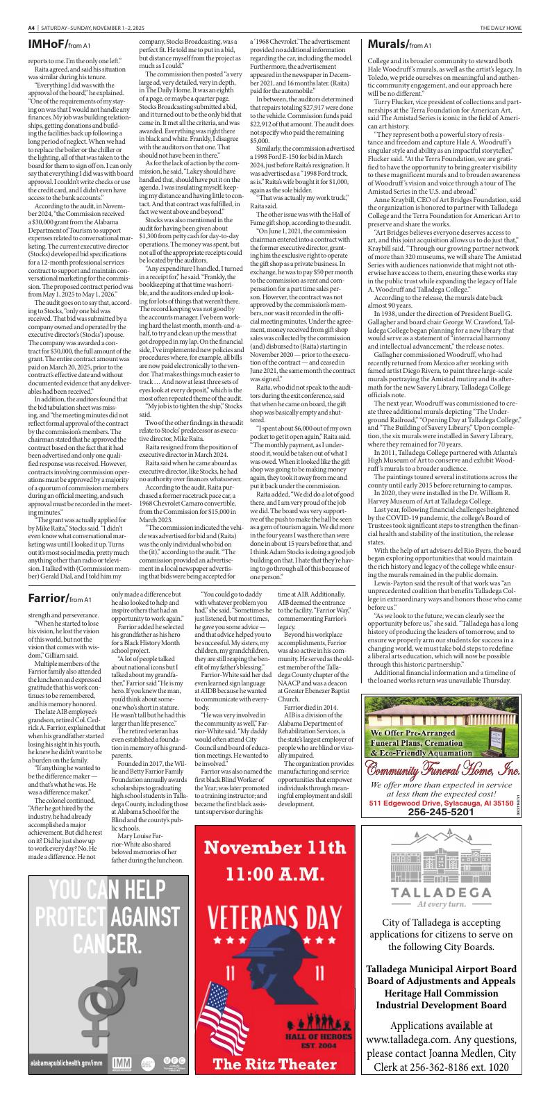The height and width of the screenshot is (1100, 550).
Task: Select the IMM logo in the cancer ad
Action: coord(122,1082)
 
